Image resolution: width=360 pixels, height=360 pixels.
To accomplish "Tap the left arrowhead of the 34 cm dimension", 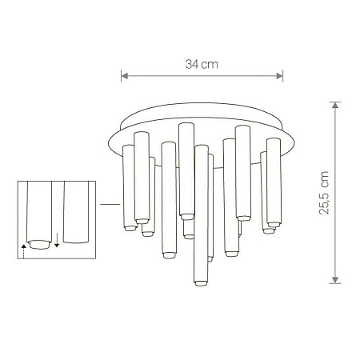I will tap(123, 78).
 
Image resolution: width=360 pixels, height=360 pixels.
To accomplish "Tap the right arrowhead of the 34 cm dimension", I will tap(282, 78).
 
